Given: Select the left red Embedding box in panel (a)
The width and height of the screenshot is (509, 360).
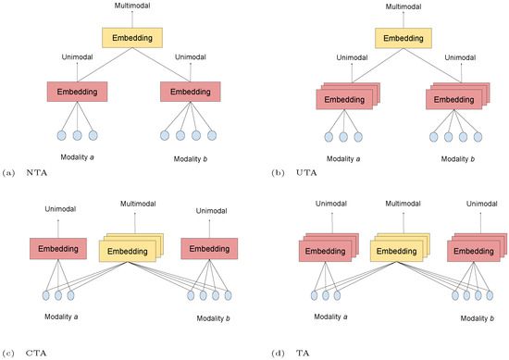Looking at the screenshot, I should click(78, 93).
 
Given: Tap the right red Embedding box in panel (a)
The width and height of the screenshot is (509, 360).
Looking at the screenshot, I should click(190, 93).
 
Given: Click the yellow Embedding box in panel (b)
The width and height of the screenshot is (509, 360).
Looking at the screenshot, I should click(404, 38).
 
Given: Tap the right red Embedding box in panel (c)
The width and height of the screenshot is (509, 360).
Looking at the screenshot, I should click(209, 248).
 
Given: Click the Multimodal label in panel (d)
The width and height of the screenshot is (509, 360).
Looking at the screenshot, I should click(399, 202).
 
